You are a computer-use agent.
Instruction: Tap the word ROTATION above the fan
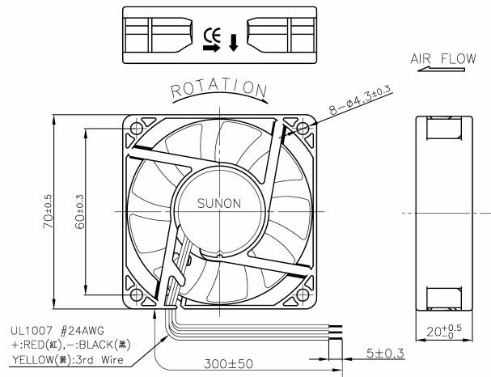[x=218, y=90]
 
